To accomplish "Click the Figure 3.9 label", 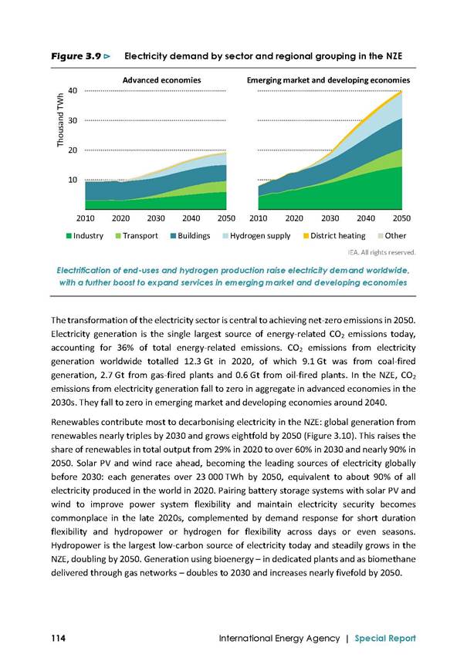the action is pos(76,56).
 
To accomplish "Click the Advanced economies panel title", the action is pos(161,80).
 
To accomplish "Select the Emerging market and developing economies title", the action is pos(328,80).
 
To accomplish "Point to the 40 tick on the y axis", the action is pos(73,91).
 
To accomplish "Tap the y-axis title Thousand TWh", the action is pos(60,120).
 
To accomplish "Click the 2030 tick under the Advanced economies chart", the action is pos(156,218).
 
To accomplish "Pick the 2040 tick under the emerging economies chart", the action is pos(366,218).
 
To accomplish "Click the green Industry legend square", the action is pos(69,236).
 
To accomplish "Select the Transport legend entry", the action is pos(137,236).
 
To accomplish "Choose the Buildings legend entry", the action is pos(190,236).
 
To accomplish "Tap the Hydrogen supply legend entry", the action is pos(256,236).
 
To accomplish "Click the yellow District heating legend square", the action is pos(306,236).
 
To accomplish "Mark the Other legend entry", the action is pos(391,236).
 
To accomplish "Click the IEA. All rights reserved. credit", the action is pos(382,252).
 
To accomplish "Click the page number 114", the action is pos(58,638).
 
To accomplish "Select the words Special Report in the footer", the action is pos(385,638).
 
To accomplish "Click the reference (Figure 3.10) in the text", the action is pos(329,436).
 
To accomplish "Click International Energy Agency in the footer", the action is pos(279,638).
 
